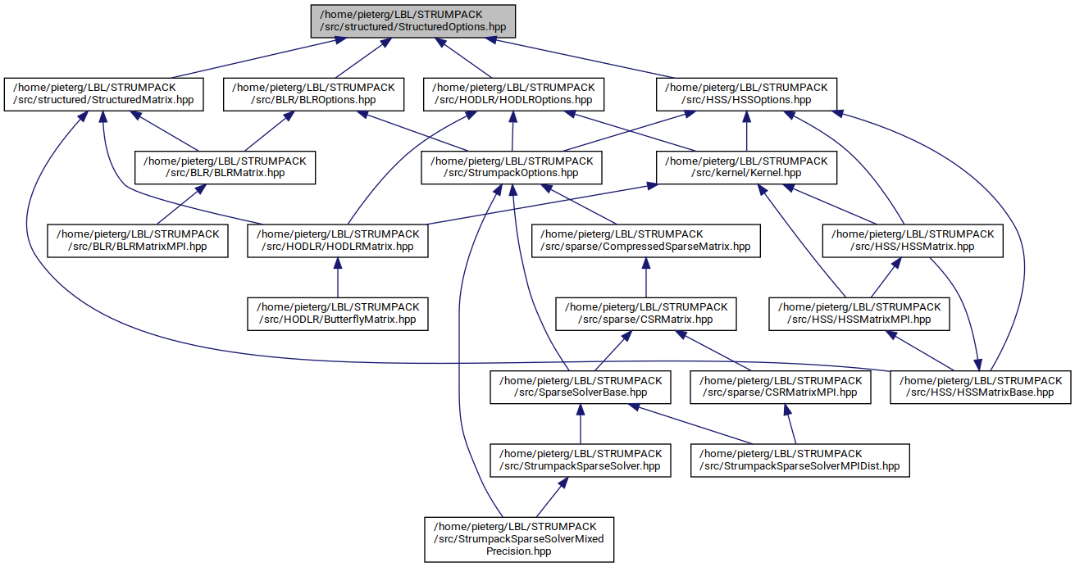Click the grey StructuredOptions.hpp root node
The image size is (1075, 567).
(413, 20)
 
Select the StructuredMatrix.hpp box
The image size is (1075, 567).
(102, 93)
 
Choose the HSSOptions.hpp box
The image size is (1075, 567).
(747, 93)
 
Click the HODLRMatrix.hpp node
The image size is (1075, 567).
(339, 240)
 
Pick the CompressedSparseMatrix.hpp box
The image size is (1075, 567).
(646, 240)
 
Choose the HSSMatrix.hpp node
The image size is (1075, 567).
(913, 240)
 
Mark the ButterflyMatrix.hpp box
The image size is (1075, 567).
(339, 313)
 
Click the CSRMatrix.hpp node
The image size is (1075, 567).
(646, 313)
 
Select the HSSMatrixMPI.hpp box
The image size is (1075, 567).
(859, 313)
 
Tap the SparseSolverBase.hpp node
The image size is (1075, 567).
(580, 387)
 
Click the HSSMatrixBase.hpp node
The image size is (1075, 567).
(982, 387)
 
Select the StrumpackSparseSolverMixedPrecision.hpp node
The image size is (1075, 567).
(518, 538)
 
